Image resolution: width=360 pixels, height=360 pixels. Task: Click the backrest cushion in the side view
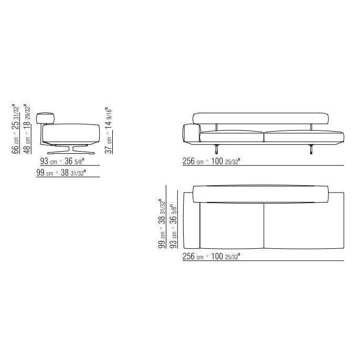46,118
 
